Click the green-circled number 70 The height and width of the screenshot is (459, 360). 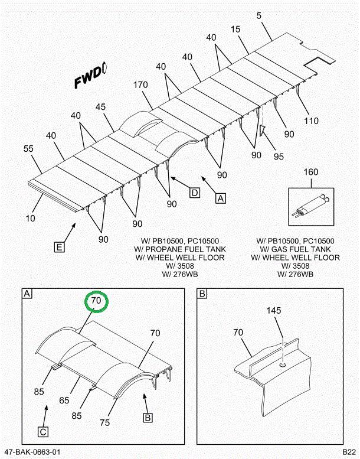96,301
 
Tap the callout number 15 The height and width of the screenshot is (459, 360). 235,29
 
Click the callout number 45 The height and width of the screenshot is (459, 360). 100,107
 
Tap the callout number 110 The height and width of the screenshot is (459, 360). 311,121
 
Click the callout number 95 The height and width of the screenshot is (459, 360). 279,156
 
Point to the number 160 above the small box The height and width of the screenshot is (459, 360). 310,172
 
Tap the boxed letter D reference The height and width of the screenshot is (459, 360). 194,191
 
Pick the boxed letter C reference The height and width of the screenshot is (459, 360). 44,431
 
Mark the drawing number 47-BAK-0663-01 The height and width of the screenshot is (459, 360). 32,452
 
